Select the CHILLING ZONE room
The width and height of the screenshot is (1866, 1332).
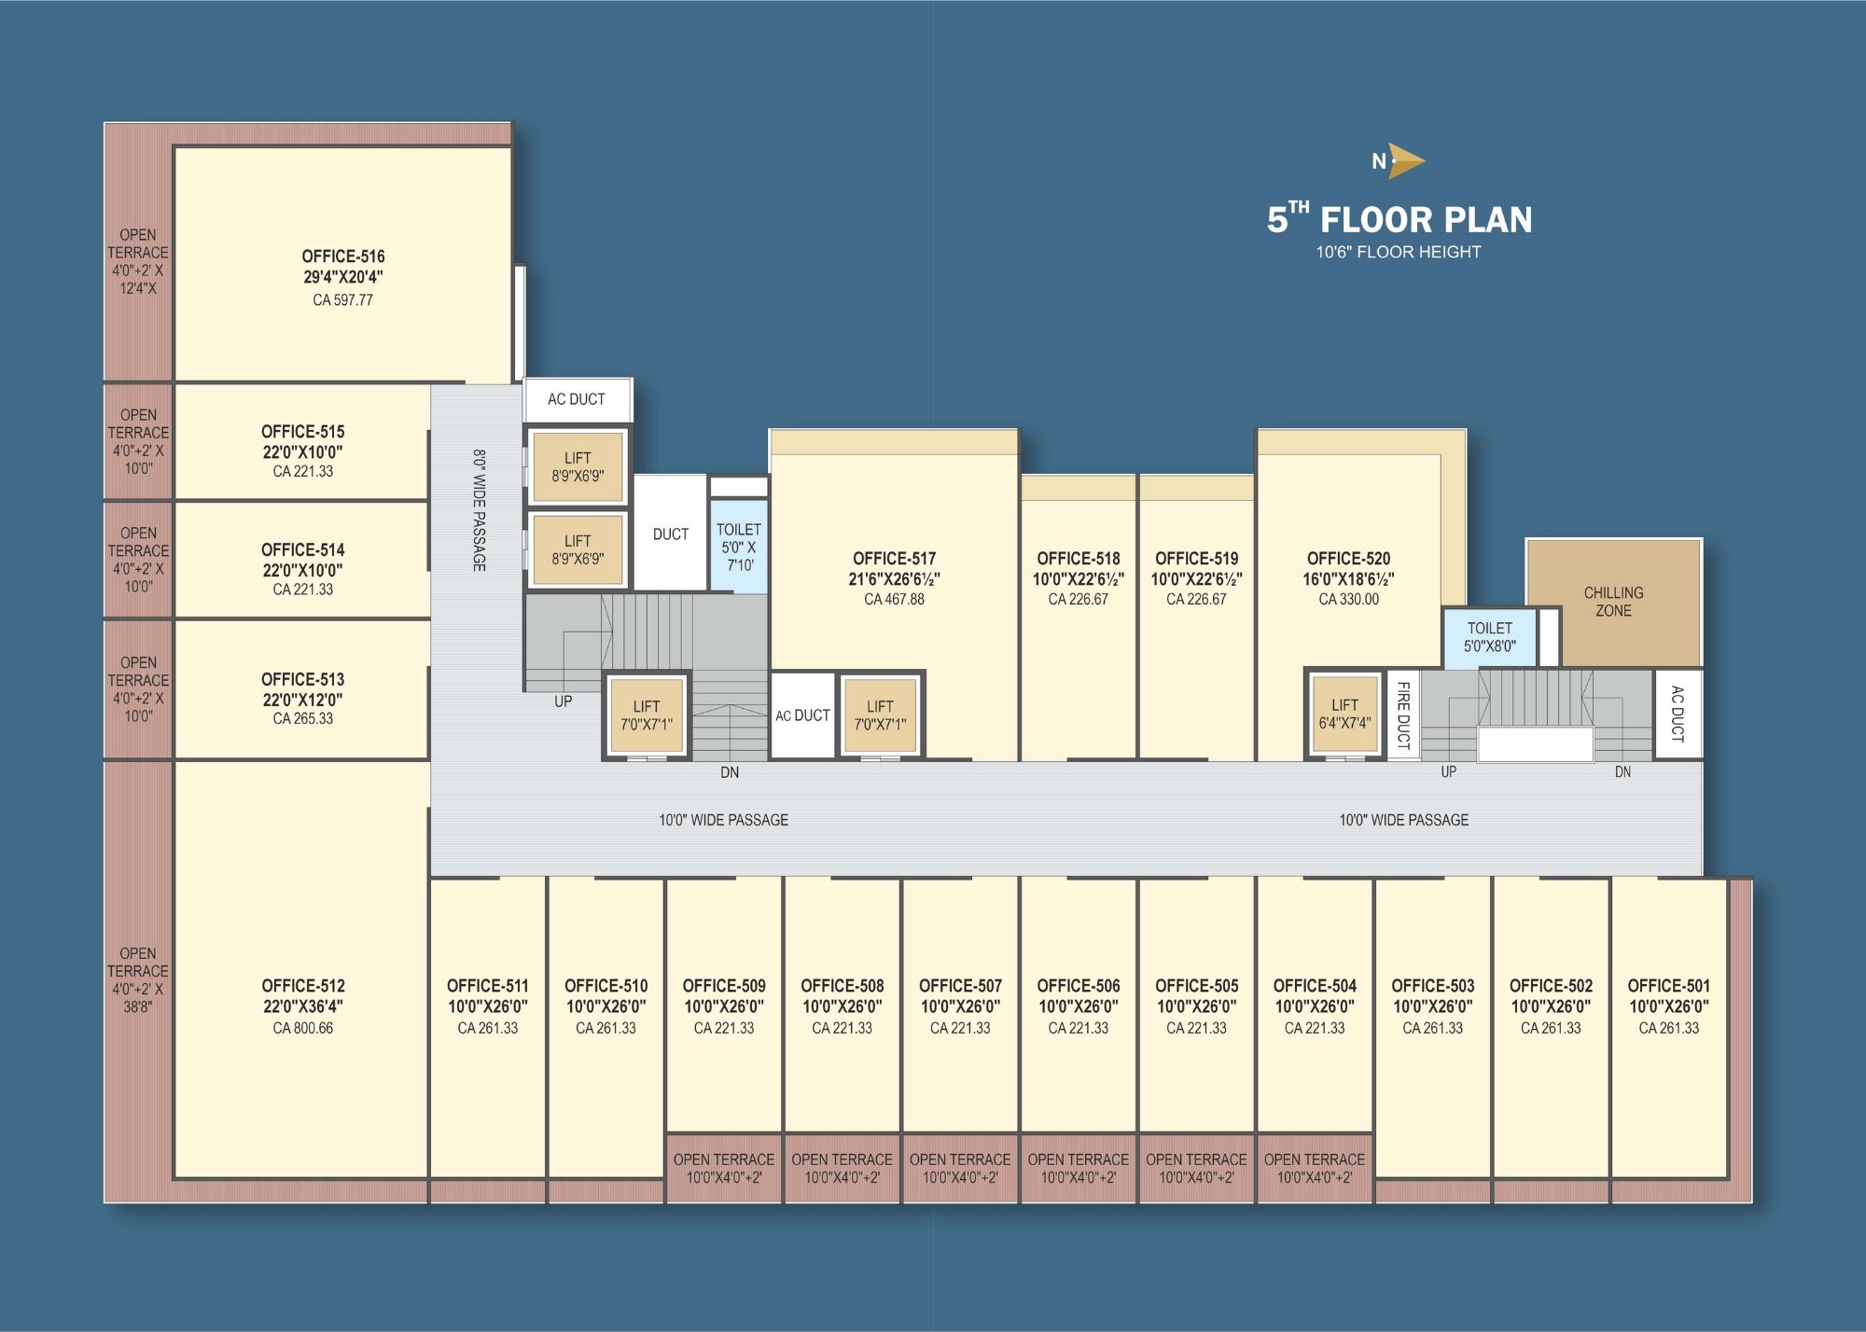[1613, 602]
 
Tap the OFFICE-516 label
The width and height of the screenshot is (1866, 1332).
[342, 257]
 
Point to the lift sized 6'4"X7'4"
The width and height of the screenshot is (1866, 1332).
[1344, 714]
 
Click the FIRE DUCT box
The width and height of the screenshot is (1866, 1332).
[1403, 715]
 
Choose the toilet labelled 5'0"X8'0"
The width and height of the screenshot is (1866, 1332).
[1489, 637]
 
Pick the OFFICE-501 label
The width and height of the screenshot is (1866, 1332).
[1668, 986]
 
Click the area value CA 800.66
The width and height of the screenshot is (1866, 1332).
[302, 1028]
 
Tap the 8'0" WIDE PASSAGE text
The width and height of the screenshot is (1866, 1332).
[479, 510]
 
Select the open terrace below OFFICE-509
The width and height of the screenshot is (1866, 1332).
[723, 1168]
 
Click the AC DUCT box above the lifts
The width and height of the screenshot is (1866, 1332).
[577, 399]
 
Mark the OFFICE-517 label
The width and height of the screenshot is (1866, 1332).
[894, 559]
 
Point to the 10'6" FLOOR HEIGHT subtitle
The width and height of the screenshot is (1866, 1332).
[1399, 252]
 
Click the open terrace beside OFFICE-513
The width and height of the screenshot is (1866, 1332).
[138, 689]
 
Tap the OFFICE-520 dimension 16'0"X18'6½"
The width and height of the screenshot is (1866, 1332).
[1348, 579]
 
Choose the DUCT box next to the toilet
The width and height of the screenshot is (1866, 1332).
[670, 534]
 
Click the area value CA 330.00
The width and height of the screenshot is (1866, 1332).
[1348, 600]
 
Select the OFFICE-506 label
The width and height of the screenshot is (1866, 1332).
[1078, 986]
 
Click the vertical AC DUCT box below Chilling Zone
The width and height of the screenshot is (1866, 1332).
[1678, 714]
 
